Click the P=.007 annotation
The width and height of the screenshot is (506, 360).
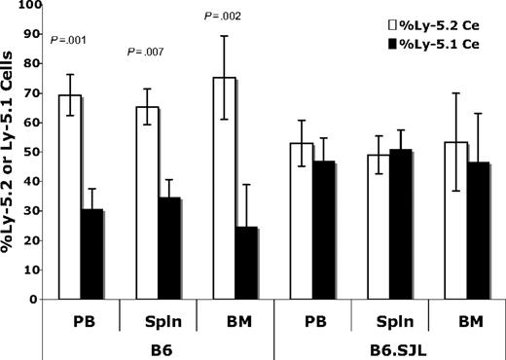coord(147,51)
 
